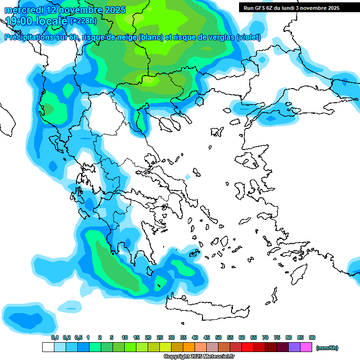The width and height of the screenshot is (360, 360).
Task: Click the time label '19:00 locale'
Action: coord(36,21)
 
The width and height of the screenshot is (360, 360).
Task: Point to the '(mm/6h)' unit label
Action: coord(327,348)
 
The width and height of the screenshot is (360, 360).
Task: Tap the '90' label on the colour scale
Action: coord(312,337)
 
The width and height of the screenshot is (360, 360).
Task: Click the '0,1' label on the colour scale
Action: coord(54,337)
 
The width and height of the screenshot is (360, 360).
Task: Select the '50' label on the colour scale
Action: coord(218,337)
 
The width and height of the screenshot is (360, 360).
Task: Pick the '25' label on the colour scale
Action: coord(160,337)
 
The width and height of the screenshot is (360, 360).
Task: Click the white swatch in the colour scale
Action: coord(48,347)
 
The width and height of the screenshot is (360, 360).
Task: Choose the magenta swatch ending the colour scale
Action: coord(306,347)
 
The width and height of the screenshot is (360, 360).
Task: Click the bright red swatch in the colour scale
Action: coord(247,347)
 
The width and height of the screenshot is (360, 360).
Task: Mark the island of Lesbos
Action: coord(249,161)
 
